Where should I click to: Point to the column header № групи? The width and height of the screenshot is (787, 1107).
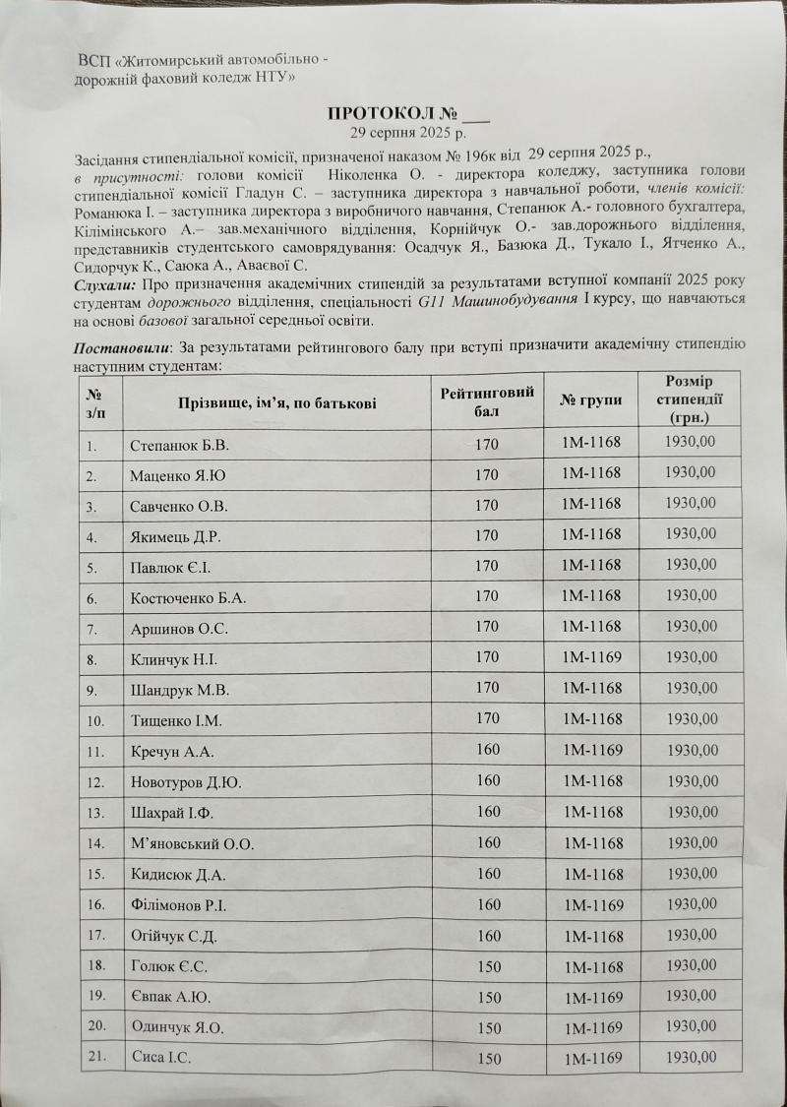coord(591,400)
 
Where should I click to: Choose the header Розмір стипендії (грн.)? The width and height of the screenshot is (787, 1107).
coord(689,400)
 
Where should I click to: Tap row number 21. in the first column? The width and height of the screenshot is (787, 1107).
coord(96,1058)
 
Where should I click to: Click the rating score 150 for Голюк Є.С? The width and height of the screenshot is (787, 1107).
coord(488,965)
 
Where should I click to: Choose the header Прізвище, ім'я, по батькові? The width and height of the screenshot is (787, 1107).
coord(276,401)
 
